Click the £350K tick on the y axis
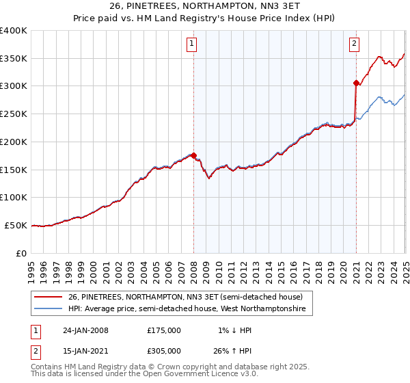point(14,58)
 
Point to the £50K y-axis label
point(16,225)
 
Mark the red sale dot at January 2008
point(193,155)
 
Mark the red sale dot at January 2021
point(356,83)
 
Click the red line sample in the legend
point(49,296)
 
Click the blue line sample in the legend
point(49,309)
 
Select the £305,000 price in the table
point(164,350)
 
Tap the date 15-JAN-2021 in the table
point(85,350)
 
